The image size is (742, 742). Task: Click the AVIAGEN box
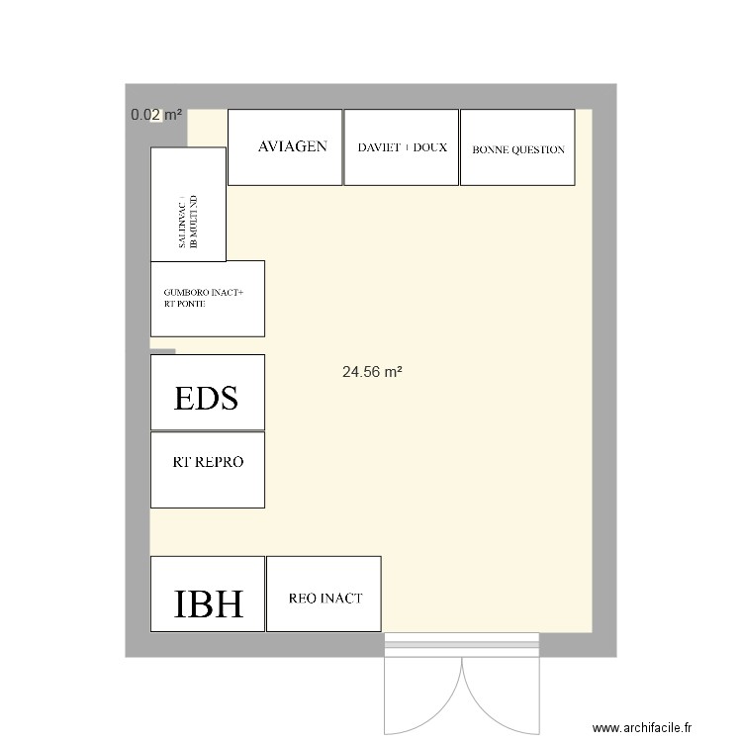285,147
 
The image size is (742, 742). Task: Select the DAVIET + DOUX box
401,147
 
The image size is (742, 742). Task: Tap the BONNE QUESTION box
517,147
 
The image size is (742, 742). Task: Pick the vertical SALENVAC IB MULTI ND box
188,205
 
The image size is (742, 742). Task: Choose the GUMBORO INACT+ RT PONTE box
208,299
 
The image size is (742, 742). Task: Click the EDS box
208,393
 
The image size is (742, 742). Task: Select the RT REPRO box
208,470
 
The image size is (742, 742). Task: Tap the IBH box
208,595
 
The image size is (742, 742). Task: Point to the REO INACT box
324,595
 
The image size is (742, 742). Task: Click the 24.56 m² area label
372,373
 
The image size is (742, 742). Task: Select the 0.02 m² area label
156,116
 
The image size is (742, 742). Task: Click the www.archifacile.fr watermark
643,724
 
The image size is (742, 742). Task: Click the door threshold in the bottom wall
462,646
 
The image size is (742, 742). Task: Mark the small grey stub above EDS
163,351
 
